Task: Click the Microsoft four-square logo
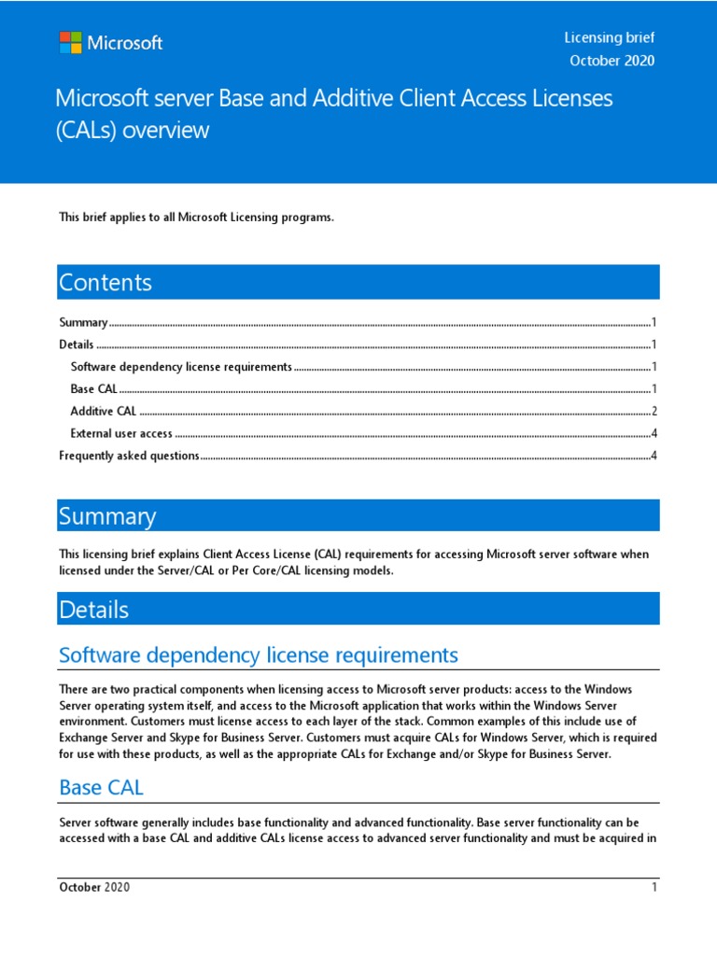(70, 42)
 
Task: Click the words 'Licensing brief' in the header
(609, 37)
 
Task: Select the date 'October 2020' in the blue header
(612, 61)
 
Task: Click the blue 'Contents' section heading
(105, 282)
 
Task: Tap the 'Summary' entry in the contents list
(83, 322)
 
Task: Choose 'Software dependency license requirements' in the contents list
(181, 367)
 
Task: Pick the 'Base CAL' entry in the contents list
(93, 388)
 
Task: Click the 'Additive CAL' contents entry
(104, 411)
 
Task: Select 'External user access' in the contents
(121, 433)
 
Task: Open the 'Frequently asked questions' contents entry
(129, 456)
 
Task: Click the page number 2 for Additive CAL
(655, 411)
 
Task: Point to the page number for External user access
(655, 433)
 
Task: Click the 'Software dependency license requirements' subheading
(258, 654)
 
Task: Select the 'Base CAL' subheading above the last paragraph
(101, 787)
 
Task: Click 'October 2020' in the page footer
(94, 887)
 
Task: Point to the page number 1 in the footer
(654, 887)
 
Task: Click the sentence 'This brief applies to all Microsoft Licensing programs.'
(196, 218)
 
